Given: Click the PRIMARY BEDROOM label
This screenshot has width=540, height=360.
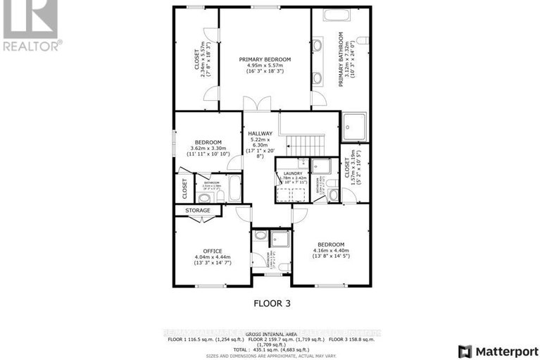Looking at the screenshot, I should tap(265, 59).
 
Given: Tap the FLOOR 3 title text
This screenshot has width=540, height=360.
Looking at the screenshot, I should tap(272, 304).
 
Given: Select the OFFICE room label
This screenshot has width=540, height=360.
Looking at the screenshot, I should tap(213, 251).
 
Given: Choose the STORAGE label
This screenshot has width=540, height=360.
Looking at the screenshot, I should tap(197, 210).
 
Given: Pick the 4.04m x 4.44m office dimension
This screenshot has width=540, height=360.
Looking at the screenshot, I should tap(213, 257).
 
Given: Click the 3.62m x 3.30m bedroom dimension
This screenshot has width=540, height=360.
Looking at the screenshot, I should tap(208, 149).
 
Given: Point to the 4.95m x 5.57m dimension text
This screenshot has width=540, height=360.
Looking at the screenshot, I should tap(265, 66).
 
